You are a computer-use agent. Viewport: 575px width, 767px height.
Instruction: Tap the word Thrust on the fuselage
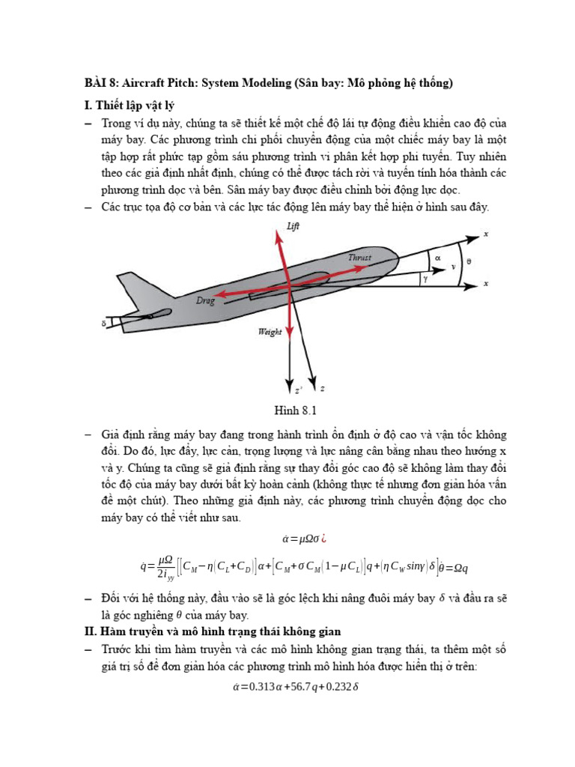[x=360, y=257]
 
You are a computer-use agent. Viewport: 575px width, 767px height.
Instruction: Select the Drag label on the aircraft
[x=205, y=300]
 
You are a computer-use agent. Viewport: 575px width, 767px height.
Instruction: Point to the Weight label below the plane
[x=270, y=332]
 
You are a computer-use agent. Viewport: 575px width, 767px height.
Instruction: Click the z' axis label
[x=298, y=390]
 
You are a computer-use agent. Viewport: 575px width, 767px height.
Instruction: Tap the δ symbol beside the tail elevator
[x=104, y=324]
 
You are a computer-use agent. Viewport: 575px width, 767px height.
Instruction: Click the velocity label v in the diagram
[x=453, y=265]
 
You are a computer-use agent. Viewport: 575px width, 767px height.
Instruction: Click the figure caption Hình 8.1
[x=298, y=410]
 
